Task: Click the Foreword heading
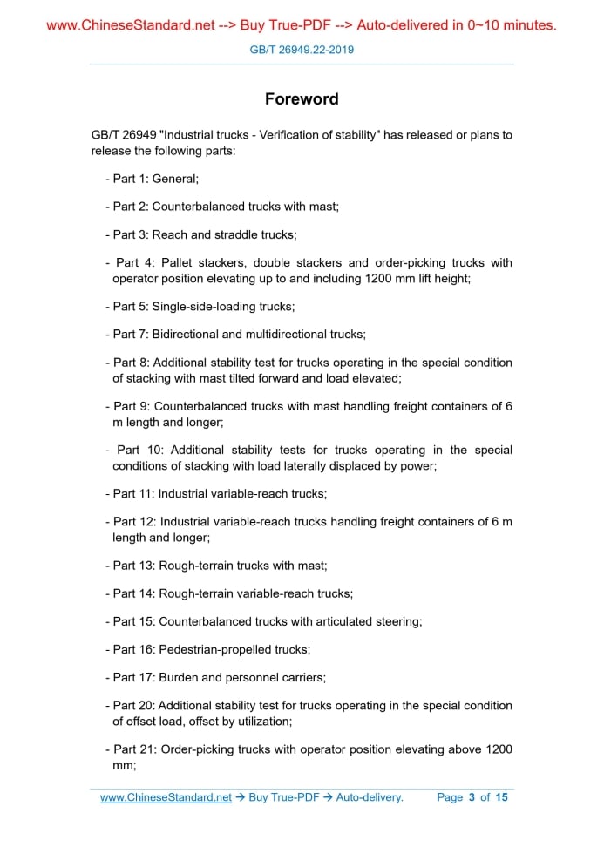coord(302,99)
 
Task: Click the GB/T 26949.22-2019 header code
coord(302,50)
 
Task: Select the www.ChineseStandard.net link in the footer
coord(166,797)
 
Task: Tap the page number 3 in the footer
coord(472,797)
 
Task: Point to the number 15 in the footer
coord(500,797)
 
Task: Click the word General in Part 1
coord(175,179)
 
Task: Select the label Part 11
coord(133,493)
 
